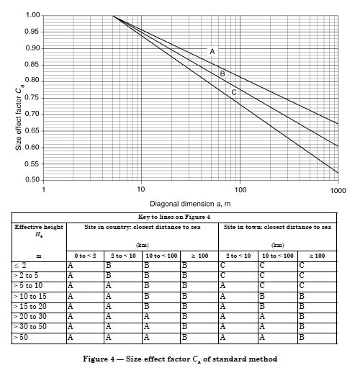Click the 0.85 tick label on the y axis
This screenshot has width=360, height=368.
[x=32, y=65]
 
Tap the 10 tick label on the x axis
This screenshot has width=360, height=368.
[x=141, y=189]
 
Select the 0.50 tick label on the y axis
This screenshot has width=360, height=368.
[x=32, y=179]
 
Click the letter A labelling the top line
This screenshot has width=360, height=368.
[x=212, y=51]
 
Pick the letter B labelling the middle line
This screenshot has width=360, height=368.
[x=222, y=73]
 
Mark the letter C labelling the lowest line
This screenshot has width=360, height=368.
[x=234, y=92]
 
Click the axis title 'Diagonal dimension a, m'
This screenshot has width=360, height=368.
[x=190, y=204]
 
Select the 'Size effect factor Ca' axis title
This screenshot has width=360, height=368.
[x=19, y=118]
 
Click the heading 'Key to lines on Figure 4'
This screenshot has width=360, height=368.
[x=174, y=217]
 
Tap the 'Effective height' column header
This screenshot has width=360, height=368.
[x=39, y=227]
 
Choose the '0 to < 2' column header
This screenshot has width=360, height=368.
[x=85, y=256]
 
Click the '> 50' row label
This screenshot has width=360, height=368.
[x=20, y=338]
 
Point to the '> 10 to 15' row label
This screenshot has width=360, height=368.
[x=30, y=297]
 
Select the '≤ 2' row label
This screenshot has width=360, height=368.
[x=20, y=266]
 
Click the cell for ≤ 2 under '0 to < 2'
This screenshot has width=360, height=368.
[x=70, y=266]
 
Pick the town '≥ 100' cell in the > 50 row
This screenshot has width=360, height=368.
[x=302, y=338]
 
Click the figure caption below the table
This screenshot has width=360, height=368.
[x=180, y=359]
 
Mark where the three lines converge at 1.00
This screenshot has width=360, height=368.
[x=112, y=16]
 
